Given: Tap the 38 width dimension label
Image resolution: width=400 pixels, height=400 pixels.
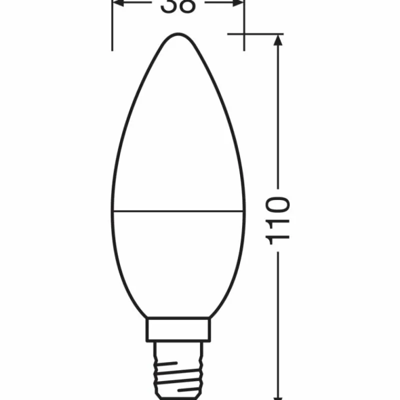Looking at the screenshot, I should pos(178,6).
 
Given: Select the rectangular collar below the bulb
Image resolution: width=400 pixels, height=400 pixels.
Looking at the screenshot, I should pos(177,330).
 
